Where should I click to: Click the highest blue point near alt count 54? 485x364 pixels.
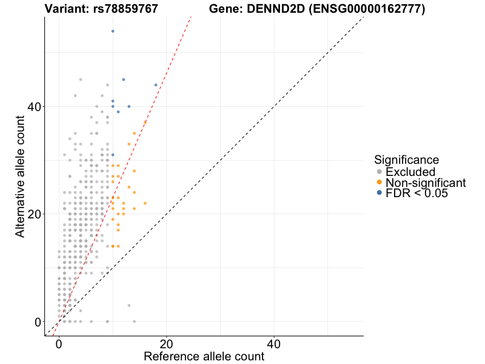[113, 31]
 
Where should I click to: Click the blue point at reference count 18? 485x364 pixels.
[156, 85]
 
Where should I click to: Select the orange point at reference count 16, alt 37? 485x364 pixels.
[145, 123]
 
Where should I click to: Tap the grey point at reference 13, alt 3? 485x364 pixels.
[129, 305]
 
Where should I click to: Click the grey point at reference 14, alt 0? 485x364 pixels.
[134, 322]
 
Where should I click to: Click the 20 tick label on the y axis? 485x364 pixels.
[33, 214]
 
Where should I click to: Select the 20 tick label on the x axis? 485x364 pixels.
[166, 342]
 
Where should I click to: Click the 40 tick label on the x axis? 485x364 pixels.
[274, 342]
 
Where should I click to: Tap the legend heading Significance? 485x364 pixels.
[406, 160]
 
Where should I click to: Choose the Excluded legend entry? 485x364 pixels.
[410, 172]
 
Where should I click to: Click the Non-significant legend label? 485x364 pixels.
[426, 183]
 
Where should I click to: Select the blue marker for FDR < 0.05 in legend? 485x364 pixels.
[380, 193]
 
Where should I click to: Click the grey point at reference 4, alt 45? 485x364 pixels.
[80, 79]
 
